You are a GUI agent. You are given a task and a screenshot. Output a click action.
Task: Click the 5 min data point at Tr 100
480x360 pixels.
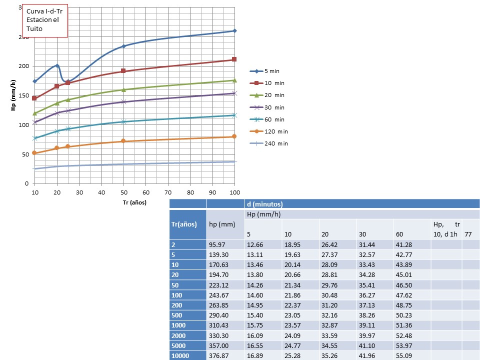[x=234, y=31]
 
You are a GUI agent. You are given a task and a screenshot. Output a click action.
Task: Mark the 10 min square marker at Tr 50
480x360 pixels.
[x=123, y=71]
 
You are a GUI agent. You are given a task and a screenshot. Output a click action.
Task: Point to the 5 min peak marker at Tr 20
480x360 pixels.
[x=57, y=65]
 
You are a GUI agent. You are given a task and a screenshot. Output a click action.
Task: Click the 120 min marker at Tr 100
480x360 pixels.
[x=234, y=136]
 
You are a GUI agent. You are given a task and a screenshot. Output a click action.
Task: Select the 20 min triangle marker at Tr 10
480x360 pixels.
[x=35, y=113]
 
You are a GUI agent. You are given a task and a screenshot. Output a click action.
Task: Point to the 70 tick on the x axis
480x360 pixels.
[x=168, y=192]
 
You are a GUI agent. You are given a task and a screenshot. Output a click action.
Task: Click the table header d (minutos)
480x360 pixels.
[x=265, y=204]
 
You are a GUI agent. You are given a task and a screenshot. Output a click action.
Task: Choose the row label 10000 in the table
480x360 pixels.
[x=182, y=355]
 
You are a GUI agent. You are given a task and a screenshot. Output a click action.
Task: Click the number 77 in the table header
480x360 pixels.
[x=468, y=233]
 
